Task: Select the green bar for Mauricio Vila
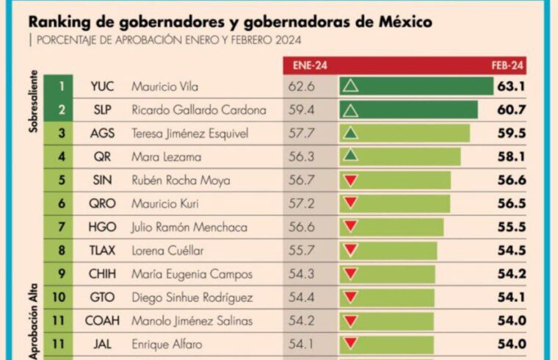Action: pos(416,87)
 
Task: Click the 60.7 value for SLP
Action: pos(511,110)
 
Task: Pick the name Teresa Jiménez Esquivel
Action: pos(189,134)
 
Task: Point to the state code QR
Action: pos(100,156)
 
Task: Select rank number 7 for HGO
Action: pos(62,227)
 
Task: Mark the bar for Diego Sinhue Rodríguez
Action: pos(386,298)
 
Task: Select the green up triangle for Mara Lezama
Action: pos(350,156)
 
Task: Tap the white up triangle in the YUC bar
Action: pos(350,87)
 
